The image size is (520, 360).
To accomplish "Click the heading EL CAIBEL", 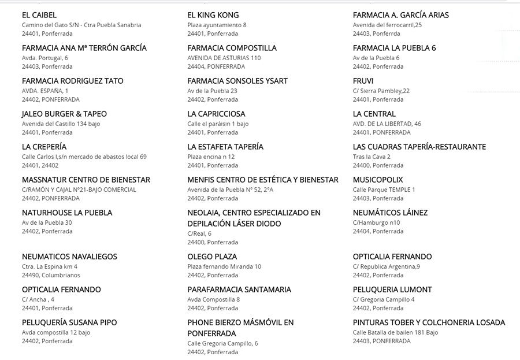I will point(39,15).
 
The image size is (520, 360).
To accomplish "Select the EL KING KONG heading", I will point(213,15).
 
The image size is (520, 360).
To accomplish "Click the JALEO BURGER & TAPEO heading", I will point(64,114).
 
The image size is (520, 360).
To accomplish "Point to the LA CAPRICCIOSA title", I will point(216,114).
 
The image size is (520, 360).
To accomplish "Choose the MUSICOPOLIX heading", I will point(378,180).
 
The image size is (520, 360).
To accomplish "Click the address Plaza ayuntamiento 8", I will point(217,25).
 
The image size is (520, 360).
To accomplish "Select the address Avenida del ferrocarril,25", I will point(387,25).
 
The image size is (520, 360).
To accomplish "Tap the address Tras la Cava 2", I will point(372,157).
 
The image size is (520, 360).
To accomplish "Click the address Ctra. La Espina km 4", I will point(49,266).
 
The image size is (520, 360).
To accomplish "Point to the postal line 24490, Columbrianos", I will point(52,276).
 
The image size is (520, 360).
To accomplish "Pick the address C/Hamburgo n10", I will point(376,222).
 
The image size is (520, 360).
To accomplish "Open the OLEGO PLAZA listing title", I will point(212,257).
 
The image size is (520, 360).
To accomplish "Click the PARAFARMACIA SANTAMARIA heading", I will point(239,290).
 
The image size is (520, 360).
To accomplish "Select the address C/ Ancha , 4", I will point(38,299).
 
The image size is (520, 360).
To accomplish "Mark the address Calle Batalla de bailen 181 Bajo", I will point(395,332).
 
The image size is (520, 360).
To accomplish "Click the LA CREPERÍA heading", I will point(44,147).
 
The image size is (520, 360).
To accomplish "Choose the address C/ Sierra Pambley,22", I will point(381,91).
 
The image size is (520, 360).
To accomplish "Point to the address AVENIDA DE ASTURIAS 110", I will point(224,58).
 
